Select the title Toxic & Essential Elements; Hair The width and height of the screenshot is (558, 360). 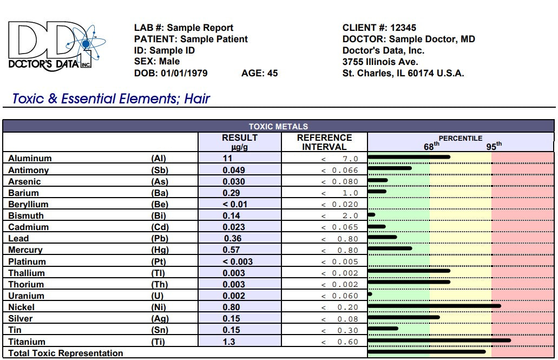pyautogui.click(x=111, y=99)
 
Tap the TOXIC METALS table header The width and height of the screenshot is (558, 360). pyautogui.click(x=278, y=127)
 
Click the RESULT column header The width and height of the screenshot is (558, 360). pyautogui.click(x=239, y=142)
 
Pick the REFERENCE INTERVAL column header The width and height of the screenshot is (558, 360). pyautogui.click(x=324, y=142)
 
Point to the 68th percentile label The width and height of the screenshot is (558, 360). pyautogui.click(x=431, y=146)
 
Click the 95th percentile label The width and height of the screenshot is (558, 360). pyautogui.click(x=494, y=146)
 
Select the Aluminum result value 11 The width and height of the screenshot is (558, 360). pyautogui.click(x=227, y=159)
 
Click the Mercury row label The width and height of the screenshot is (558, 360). pyautogui.click(x=26, y=250)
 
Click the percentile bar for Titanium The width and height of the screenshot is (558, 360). pyautogui.click(x=439, y=341)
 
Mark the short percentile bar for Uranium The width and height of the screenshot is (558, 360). pyautogui.click(x=370, y=294)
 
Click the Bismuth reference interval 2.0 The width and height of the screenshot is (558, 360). pyautogui.click(x=350, y=216)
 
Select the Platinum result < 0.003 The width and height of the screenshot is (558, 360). pyautogui.click(x=238, y=261)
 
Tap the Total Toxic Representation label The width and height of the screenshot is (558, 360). pyautogui.click(x=65, y=354)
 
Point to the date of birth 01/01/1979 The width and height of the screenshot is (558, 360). pyautogui.click(x=184, y=73)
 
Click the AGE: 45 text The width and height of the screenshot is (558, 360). pyautogui.click(x=259, y=73)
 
